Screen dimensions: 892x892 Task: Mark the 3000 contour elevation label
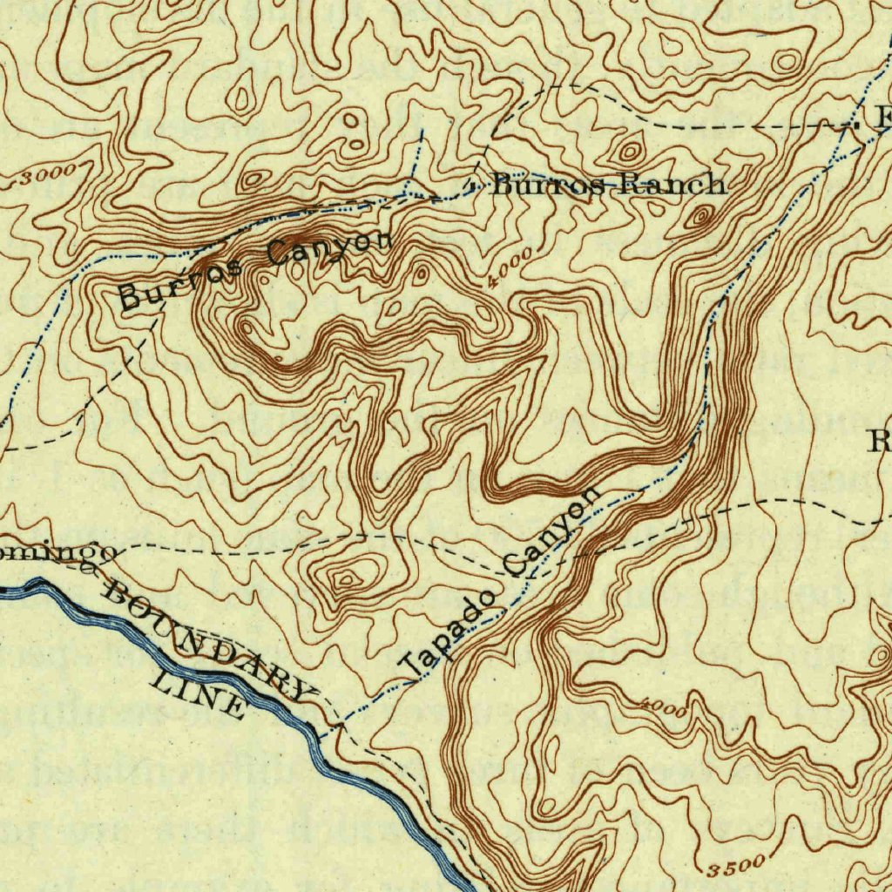point(44,175)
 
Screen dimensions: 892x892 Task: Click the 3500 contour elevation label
point(736,866)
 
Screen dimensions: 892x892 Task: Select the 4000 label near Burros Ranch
point(510,269)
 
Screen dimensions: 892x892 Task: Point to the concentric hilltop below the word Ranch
point(699,217)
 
